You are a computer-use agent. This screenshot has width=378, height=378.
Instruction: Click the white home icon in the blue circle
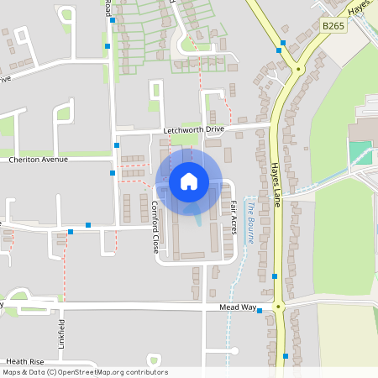point(189,181)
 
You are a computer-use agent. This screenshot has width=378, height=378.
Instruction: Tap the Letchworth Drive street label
point(194,131)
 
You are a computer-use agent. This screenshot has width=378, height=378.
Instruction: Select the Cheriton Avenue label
point(38,159)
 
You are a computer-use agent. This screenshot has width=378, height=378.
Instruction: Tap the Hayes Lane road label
point(275,181)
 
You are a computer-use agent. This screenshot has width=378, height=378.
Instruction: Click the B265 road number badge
point(333,27)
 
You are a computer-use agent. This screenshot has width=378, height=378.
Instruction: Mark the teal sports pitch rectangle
point(359,153)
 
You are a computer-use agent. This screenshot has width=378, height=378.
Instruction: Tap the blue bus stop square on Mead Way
point(260,311)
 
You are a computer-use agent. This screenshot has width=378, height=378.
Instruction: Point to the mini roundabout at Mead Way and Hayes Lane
point(278,307)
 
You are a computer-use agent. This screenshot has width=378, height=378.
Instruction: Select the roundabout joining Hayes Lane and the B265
point(297,69)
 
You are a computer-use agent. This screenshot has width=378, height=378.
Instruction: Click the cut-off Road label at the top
point(108,8)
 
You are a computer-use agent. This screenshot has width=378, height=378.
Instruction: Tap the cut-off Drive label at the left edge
point(6,79)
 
